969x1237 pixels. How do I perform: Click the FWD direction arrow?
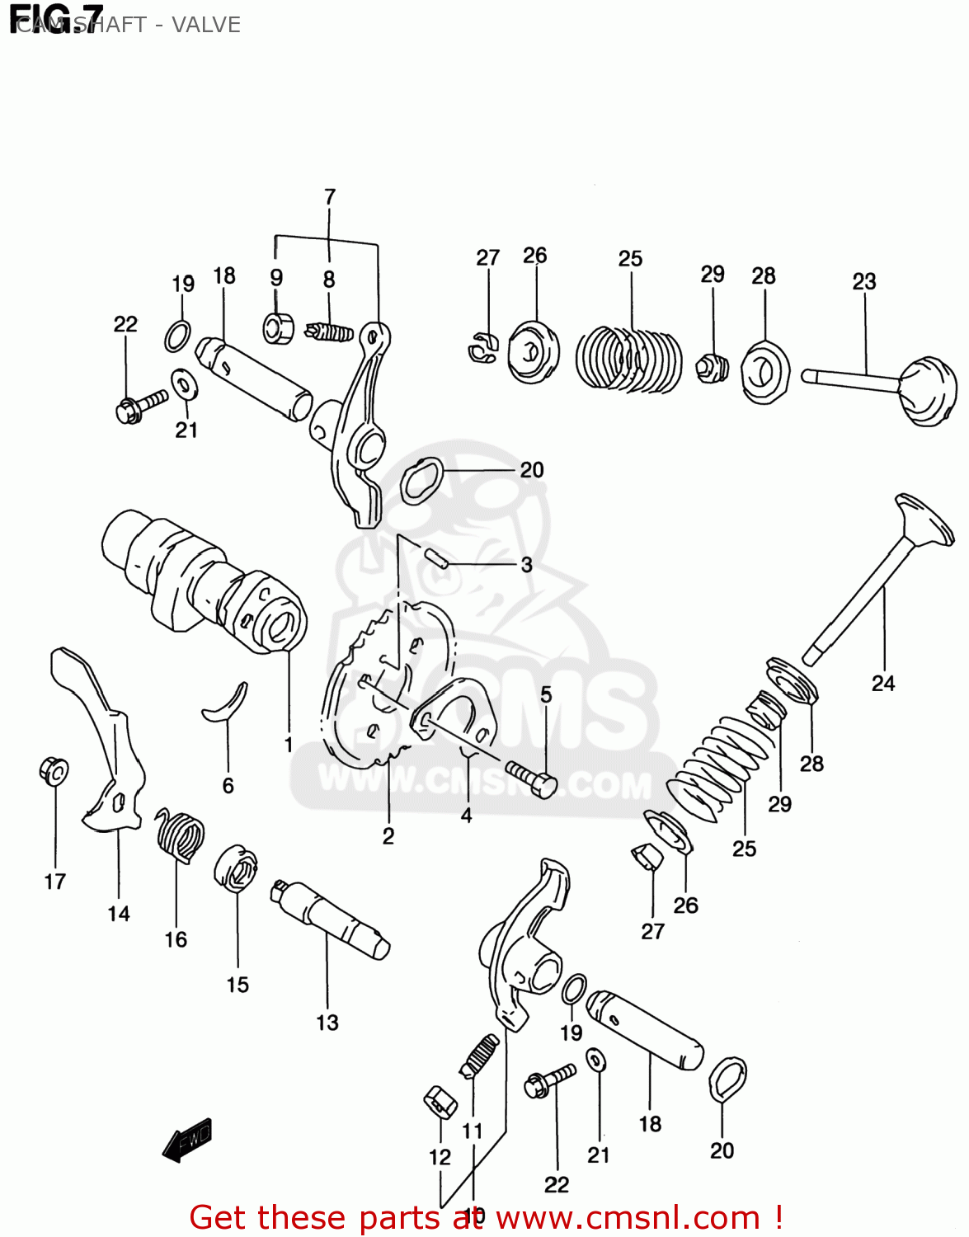pyautogui.click(x=188, y=1141)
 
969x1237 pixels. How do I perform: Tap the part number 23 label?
pyautogui.click(x=863, y=281)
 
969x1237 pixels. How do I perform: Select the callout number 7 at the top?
pyautogui.click(x=330, y=197)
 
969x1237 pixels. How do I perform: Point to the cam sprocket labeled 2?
pyautogui.click(x=388, y=684)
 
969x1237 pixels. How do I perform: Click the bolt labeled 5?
pyautogui.click(x=532, y=778)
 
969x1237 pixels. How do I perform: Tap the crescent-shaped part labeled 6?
pyautogui.click(x=227, y=703)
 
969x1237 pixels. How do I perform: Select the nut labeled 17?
pyautogui.click(x=54, y=771)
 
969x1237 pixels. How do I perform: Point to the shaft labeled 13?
pyautogui.click(x=330, y=920)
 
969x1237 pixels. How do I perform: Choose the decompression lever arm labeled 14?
pyautogui.click(x=103, y=742)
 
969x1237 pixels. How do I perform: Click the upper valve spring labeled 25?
pyautogui.click(x=628, y=358)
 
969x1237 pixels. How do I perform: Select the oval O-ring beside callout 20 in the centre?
pyautogui.click(x=421, y=482)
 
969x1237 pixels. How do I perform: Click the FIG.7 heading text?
pyautogui.click(x=56, y=18)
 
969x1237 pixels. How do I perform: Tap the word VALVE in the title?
pyautogui.click(x=205, y=25)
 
